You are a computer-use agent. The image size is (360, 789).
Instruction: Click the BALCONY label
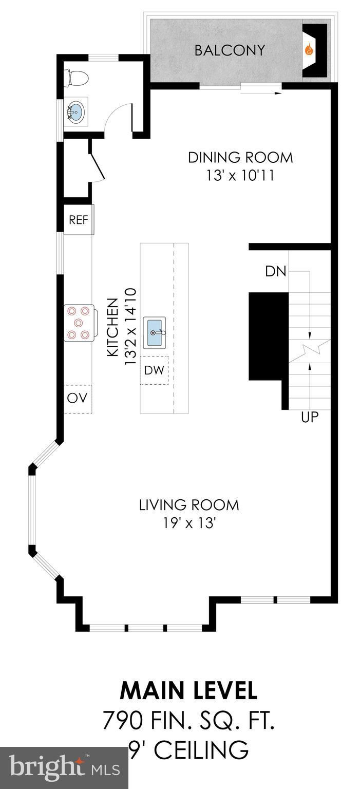click(x=230, y=50)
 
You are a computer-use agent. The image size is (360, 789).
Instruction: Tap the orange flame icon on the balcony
click(x=309, y=50)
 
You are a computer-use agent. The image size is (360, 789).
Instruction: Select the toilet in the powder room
click(x=75, y=78)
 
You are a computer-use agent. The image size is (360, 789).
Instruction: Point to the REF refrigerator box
click(x=79, y=220)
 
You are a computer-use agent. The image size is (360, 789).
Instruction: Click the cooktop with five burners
click(x=79, y=323)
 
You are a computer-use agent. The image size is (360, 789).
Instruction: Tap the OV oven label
click(x=77, y=398)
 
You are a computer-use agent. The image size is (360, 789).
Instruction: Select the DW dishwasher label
click(x=154, y=370)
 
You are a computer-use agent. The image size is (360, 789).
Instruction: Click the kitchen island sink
click(x=154, y=332)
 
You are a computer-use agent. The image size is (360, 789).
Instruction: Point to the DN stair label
click(x=276, y=271)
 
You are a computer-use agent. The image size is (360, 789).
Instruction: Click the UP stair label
click(x=310, y=417)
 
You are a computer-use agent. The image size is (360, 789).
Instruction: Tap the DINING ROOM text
click(x=240, y=158)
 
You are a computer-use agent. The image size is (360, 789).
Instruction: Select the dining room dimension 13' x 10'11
click(x=240, y=175)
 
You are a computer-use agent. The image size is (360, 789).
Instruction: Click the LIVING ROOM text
click(x=189, y=505)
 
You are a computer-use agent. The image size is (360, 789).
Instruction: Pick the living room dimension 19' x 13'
click(x=189, y=523)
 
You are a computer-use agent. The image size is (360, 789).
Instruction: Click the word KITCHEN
click(x=112, y=327)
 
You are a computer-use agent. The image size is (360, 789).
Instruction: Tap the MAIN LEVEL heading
click(x=189, y=691)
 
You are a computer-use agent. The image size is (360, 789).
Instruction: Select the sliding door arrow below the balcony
click(x=261, y=93)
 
